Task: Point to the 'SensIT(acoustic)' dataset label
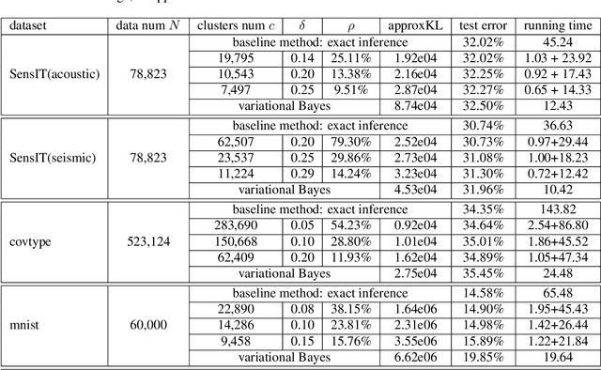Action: pyautogui.click(x=53, y=73)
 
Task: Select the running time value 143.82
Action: pyautogui.click(x=551, y=210)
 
